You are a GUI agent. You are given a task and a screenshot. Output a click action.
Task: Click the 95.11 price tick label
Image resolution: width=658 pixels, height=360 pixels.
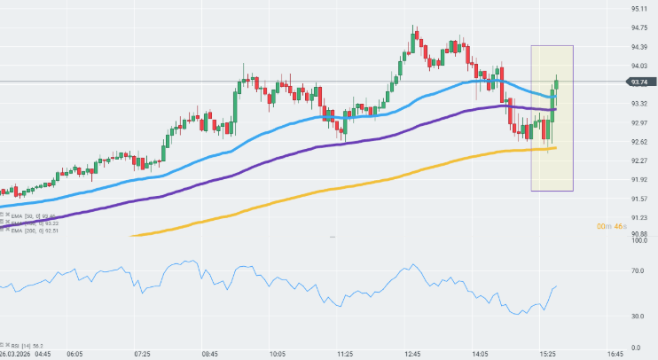point(638,9)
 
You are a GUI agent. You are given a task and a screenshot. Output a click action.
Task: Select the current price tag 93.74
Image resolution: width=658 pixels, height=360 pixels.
point(640,82)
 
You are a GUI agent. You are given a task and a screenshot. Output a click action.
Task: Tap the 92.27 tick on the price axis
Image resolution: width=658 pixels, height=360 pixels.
point(638,160)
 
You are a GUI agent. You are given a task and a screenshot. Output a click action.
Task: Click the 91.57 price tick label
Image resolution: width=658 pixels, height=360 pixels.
point(638,199)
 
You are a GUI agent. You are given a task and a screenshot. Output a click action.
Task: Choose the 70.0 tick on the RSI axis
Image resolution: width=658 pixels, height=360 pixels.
point(638,271)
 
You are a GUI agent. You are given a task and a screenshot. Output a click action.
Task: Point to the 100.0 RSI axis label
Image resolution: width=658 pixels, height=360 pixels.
point(638,240)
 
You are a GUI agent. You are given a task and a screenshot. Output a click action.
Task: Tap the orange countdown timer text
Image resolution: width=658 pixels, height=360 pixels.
point(612,227)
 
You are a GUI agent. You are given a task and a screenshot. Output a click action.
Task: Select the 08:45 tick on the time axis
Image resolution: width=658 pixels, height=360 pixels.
point(210,354)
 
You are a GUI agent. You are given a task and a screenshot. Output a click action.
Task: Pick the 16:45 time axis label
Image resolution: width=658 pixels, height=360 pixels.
point(615,354)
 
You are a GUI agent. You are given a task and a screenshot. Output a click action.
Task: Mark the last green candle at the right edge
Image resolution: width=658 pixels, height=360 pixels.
point(557,85)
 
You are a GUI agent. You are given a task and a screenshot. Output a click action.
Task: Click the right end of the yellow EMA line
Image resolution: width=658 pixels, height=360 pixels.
point(555,148)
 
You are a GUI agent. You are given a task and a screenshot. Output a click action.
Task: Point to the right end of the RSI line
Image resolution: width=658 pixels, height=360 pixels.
point(556,286)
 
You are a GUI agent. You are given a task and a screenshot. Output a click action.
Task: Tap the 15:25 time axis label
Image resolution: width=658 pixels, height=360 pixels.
point(547,354)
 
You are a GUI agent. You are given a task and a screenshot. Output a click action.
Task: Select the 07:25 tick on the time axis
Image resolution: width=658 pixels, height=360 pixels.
point(143,354)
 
